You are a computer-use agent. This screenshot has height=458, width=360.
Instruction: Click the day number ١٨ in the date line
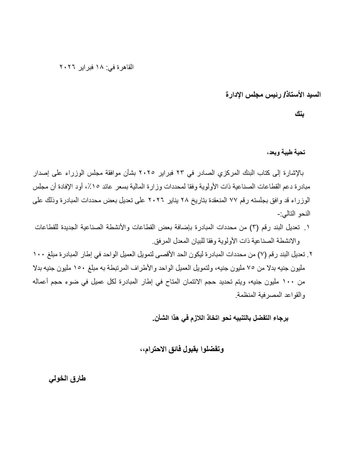100,67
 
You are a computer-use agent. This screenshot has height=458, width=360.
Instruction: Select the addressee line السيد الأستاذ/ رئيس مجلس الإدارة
273,94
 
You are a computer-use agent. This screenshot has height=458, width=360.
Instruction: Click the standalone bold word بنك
299,114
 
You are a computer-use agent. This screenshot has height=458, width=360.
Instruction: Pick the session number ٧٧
233,200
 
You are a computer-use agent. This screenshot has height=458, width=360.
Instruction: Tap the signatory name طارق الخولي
67,379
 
